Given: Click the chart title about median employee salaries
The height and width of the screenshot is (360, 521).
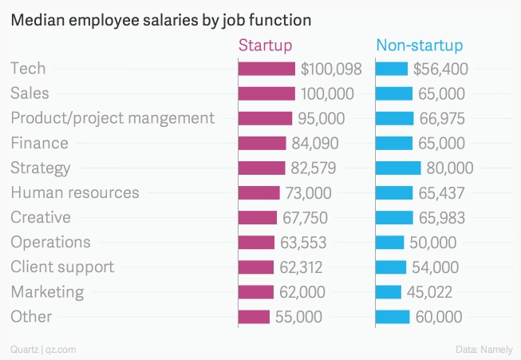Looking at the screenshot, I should tap(160, 18).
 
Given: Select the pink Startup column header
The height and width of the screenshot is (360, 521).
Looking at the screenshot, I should tap(266, 45).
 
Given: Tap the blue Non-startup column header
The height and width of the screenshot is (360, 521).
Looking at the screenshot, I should tap(419, 45).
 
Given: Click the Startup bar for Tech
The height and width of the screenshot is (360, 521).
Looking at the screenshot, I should tap(267, 69).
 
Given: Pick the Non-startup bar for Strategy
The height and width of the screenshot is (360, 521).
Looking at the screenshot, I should tap(397, 168).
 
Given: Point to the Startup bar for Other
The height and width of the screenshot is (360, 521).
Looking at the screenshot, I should tap(254, 317).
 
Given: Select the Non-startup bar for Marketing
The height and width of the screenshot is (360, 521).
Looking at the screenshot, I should tap(388, 292).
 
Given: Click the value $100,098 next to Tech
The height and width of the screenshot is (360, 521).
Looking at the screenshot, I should tap(331, 69).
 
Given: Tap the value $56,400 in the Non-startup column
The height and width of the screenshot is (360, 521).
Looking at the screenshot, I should tap(440, 69).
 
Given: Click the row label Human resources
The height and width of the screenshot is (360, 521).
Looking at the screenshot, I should tap(74, 193).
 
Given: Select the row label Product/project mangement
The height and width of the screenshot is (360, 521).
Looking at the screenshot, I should tap(112, 119).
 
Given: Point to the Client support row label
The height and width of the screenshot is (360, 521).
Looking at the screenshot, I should tap(62, 267).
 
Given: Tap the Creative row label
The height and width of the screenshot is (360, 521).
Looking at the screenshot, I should tap(41, 218).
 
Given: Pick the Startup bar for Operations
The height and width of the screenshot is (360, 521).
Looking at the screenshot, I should tap(256, 243).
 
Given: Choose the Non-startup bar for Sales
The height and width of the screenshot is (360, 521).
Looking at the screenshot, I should tap(393, 94).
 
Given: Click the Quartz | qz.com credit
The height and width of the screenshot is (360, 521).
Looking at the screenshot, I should tap(43, 349).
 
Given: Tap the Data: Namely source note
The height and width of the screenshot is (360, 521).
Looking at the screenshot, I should tap(484, 349).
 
